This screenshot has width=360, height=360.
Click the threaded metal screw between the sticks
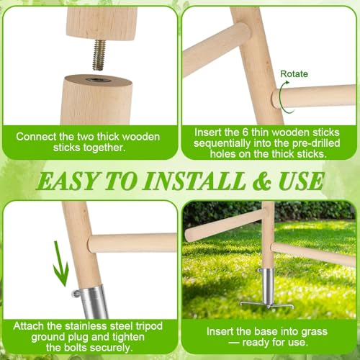(x=99, y=55)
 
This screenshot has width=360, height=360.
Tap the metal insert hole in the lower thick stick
(x=99, y=80)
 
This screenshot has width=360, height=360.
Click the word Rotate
(x=294, y=74)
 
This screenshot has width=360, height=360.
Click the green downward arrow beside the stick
(x=60, y=264)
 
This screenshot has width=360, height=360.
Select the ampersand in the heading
(x=262, y=181)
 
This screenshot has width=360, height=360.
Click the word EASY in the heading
(x=68, y=181)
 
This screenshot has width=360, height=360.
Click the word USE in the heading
(x=301, y=181)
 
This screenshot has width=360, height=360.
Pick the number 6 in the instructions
(x=245, y=132)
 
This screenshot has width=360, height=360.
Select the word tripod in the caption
(x=149, y=327)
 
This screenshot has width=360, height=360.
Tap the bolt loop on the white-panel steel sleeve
(x=76, y=293)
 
